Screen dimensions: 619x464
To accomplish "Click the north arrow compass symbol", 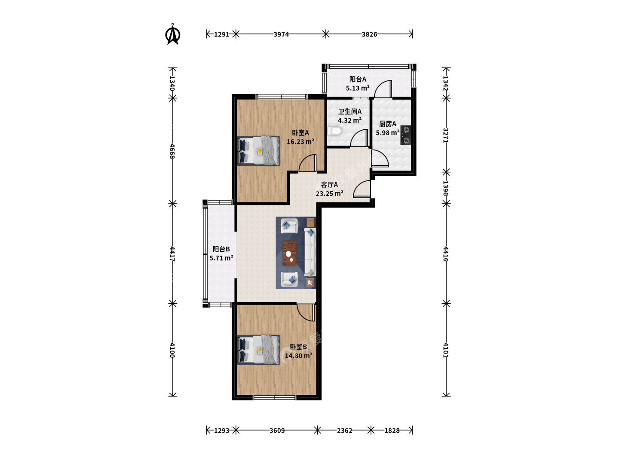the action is tap(172, 34).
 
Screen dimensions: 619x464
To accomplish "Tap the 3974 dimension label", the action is tap(281, 34).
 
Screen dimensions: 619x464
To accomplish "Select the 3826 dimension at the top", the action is tap(369, 34).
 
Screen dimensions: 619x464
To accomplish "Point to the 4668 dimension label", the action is tap(172, 151).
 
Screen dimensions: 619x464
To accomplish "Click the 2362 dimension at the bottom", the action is tap(344, 430).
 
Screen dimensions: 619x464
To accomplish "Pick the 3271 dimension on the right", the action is tap(446, 135).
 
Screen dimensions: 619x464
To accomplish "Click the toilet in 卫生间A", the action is tap(335, 131).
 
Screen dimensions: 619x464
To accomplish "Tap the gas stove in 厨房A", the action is tap(405, 135).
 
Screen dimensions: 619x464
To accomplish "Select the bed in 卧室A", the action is tap(258, 151).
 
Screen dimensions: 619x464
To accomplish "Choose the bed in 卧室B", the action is tap(258, 350).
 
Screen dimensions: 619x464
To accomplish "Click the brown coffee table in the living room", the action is tap(289, 253).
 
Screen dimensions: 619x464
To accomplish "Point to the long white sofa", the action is tap(310, 252).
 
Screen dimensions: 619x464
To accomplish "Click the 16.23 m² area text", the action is tap(300, 141).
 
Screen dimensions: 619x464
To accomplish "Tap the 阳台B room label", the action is tap(221, 249).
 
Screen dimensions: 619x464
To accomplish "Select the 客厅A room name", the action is tap(329, 185).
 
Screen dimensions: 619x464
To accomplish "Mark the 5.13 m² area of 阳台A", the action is tap(358, 88).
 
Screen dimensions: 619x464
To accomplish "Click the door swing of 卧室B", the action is tap(306, 313).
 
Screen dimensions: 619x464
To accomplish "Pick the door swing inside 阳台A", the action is tap(383, 89).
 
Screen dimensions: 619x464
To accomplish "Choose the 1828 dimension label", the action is tap(392, 430).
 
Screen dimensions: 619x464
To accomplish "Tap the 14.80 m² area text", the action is tap(298, 356).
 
